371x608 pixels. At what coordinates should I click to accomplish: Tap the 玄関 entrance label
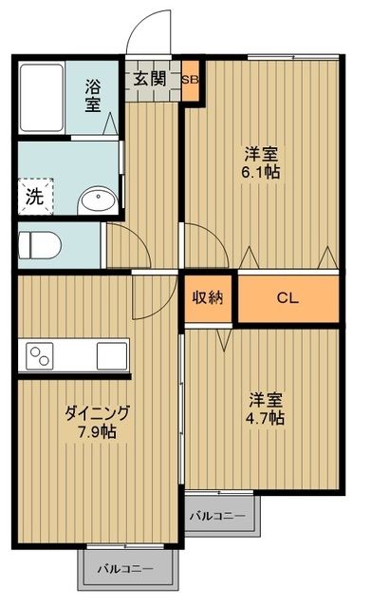pos(149,78)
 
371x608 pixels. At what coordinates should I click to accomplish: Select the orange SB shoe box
pos(190,81)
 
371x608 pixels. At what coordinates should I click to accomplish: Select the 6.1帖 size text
pos(261,172)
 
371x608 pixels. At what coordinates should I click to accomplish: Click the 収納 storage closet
pos(209,298)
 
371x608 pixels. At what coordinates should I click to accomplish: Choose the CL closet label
pos(288,298)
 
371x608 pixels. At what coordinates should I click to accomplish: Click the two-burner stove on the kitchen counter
pos(42,356)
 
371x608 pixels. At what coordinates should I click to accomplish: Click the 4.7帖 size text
pos(265,417)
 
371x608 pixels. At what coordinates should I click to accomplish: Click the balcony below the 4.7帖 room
pos(217,516)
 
